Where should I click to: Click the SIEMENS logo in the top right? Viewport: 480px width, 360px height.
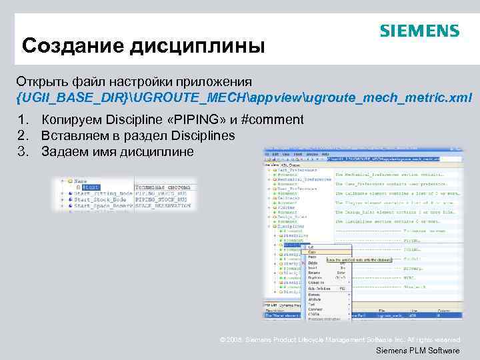pos(419,31)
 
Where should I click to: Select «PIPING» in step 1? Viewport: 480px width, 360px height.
pos(194,120)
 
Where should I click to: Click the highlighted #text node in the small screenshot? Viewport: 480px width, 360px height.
pos(91,187)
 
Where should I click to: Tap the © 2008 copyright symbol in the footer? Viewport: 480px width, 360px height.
pos(223,340)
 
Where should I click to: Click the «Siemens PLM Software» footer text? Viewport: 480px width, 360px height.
pos(418,351)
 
